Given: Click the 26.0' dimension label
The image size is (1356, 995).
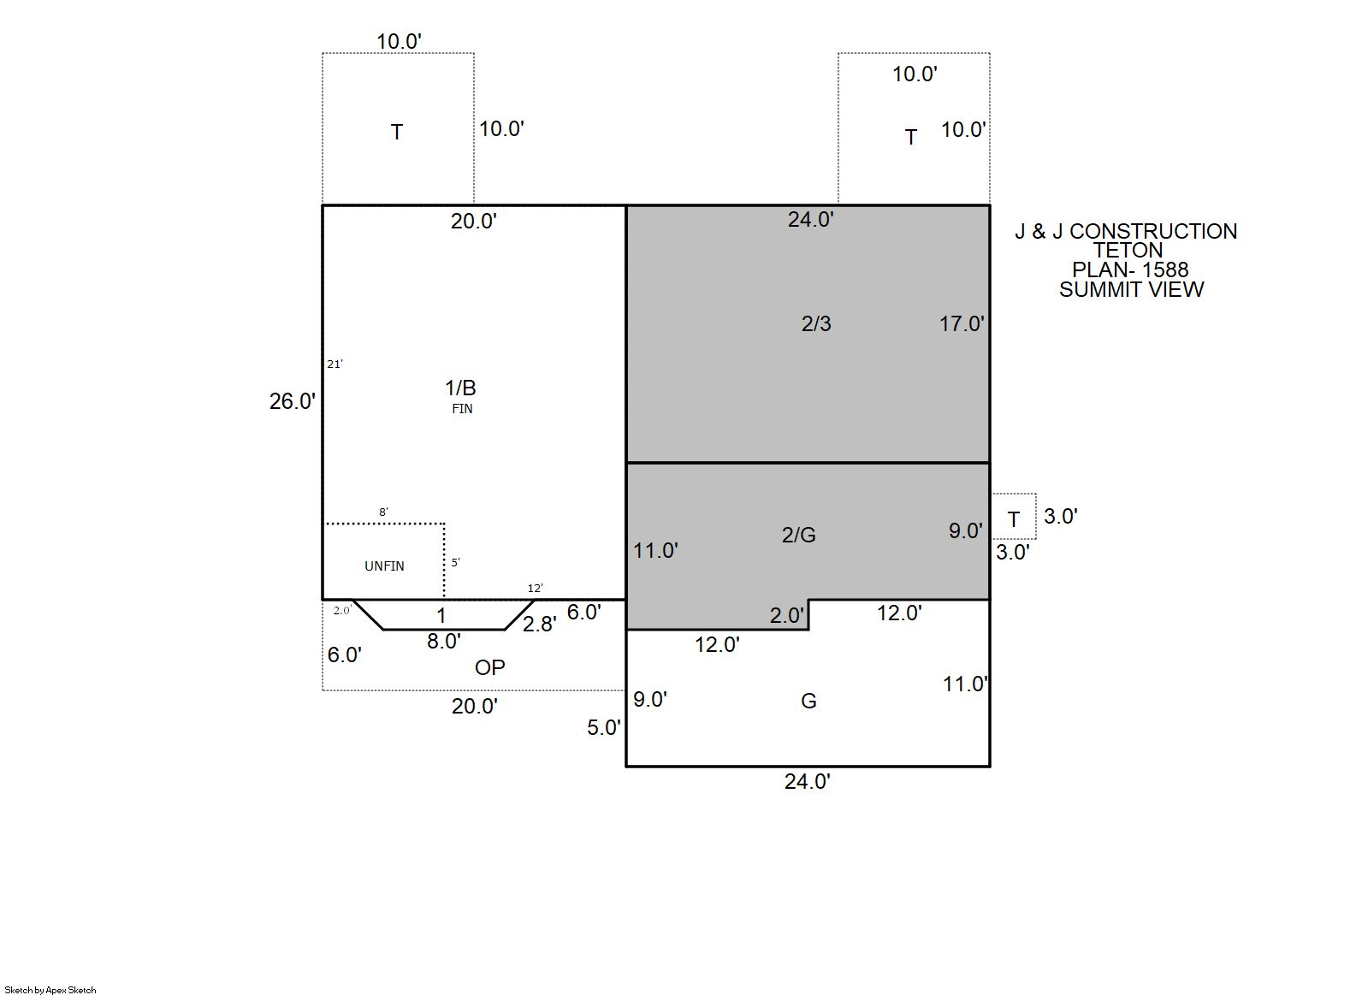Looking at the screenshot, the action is tap(293, 402).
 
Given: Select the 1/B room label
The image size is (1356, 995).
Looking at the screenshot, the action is tap(460, 388).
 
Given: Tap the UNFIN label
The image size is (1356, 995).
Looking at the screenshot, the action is tap(384, 566).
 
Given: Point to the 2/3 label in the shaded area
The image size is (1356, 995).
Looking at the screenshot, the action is tap(816, 324).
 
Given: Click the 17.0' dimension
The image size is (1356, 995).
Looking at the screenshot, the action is tap(962, 324).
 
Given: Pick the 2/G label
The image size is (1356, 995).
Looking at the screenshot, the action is tap(798, 535).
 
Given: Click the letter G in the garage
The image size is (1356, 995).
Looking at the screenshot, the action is tap(808, 701).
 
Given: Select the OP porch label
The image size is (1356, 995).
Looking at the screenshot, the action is tap(489, 667).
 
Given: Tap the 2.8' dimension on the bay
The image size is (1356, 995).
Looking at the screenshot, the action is tap(539, 624).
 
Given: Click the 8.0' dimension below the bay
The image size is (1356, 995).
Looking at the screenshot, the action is tap(444, 641).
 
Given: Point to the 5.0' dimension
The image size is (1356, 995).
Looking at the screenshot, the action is tap(603, 727).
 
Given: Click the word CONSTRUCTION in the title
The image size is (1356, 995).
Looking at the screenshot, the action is tap(1153, 232).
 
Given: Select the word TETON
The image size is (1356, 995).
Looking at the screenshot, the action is tap(1128, 251).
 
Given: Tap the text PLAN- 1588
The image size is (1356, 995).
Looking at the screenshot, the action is tap(1130, 270).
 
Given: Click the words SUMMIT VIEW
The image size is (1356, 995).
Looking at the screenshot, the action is tap(1131, 290).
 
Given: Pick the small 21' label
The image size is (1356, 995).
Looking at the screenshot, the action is tap(335, 364).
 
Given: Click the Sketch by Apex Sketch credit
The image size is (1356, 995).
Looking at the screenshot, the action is tap(50, 990).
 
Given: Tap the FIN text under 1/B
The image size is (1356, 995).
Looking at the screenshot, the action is tap(462, 409).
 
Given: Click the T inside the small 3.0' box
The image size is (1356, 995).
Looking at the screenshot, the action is tap(1014, 519).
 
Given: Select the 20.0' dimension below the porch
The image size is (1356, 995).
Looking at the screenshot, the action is tap(475, 707).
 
